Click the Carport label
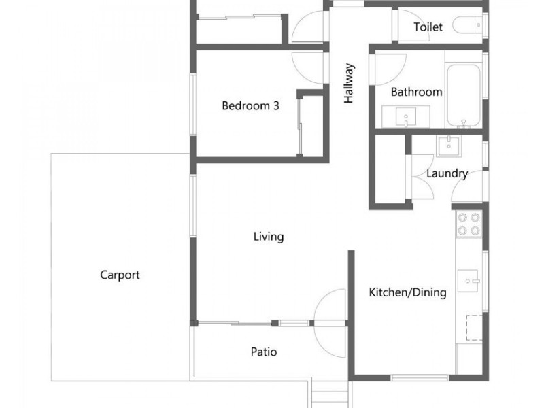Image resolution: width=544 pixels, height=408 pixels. (x=120, y=275)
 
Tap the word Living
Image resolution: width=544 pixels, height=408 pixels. (x=269, y=237)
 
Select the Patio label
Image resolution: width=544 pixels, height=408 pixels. (x=264, y=352)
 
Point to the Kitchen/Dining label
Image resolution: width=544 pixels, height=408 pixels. (x=407, y=292)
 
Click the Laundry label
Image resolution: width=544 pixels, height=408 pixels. (x=447, y=173)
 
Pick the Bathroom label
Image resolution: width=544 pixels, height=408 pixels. (x=416, y=92)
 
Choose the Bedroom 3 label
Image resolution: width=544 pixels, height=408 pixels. (x=250, y=105)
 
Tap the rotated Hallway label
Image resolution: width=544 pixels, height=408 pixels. (x=349, y=83)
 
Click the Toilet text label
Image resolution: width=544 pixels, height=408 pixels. (x=428, y=27)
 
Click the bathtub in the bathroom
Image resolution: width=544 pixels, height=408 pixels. (x=464, y=95)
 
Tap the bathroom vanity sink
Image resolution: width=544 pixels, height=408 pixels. (x=406, y=116)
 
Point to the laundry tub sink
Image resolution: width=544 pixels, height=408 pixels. (x=449, y=146)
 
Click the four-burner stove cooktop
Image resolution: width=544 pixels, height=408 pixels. (x=469, y=224)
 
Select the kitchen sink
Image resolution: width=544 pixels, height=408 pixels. (x=468, y=281)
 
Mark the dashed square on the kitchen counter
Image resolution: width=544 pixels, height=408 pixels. (x=474, y=328)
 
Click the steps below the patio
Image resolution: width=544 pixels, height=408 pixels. (x=330, y=394)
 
